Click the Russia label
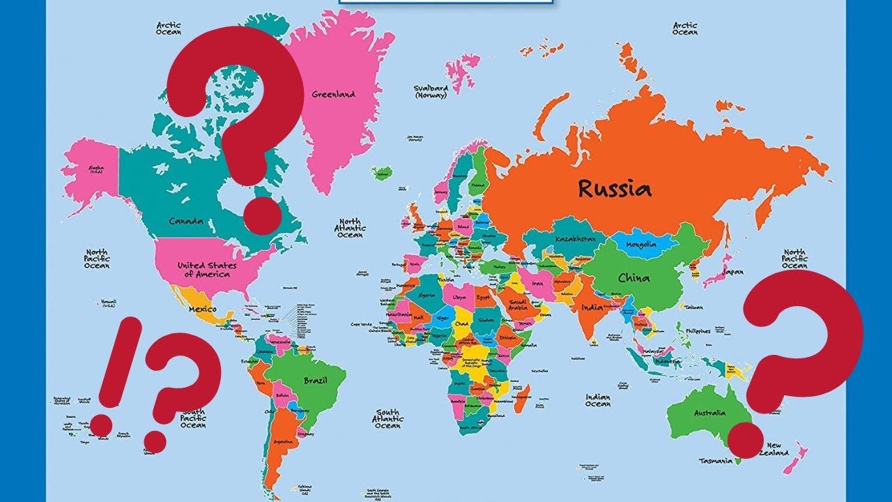pos(614,189)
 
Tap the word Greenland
pos(333,94)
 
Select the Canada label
pos(186,222)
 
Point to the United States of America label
pos(206,270)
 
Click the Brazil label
pos(316,381)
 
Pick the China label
pos(633,278)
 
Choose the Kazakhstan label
pos(576,239)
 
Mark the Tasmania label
pos(716,461)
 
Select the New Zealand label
pos(778,449)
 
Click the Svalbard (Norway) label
pos(431,92)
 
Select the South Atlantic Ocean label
pos(387,418)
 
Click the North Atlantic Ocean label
pos(350,227)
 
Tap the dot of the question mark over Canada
pos(261,214)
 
